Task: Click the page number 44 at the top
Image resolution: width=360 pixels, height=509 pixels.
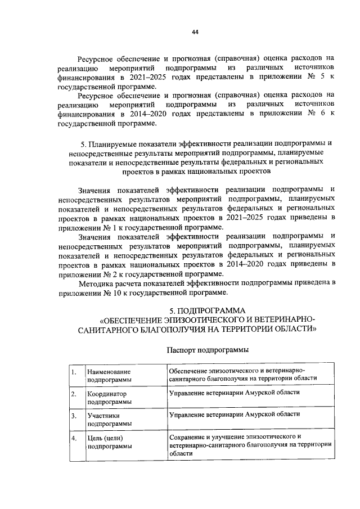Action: pos(195,32)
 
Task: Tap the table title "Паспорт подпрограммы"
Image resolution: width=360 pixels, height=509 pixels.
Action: pos(208,350)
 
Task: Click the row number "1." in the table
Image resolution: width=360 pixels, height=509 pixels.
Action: pos(73,372)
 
